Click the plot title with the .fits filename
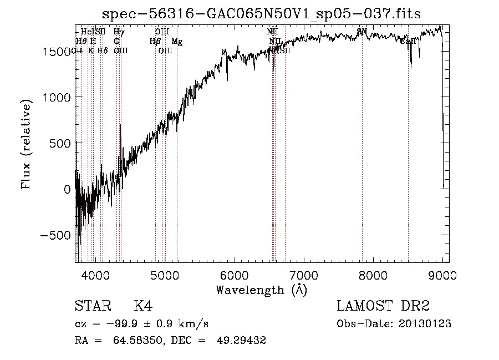[x=262, y=14]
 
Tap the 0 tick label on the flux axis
[x=67, y=189]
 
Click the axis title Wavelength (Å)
[x=261, y=290]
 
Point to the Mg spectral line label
[x=177, y=42]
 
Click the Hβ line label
[x=155, y=42]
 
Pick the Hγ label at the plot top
[x=119, y=32]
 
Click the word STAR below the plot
[x=92, y=306]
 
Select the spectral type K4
[x=142, y=306]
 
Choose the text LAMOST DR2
[x=383, y=306]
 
